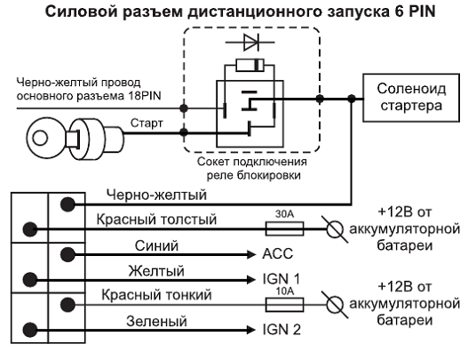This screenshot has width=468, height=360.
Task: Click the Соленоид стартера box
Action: pos(411,98)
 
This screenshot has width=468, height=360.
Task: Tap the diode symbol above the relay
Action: pos(250,43)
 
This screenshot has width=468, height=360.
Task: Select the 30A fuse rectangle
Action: pos(284,229)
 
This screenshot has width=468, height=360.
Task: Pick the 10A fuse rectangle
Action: pos(284,305)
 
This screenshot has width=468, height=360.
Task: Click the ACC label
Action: pos(278,254)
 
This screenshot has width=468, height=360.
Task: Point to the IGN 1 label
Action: pos(281,279)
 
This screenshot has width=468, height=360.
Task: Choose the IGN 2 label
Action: pos(282,330)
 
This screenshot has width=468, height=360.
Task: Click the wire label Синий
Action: pos(156,246)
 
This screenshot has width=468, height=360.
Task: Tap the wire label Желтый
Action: pos(156,271)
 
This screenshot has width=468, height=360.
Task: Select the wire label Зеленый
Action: pos(156,322)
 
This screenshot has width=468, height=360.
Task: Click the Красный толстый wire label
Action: pos(156,220)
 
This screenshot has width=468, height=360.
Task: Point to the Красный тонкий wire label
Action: pos(156,295)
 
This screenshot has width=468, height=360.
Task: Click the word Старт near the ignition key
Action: pos(147,123)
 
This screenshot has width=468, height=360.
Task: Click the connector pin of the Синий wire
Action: pos(67,254)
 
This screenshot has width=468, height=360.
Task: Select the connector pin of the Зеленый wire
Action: pos(30,330)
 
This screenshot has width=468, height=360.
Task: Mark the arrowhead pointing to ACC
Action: pos(251,254)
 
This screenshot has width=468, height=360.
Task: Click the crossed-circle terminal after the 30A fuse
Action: pos(334,229)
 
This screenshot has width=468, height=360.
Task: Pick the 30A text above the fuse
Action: pos(284,214)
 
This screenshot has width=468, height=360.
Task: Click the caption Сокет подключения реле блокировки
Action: pos(252,168)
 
